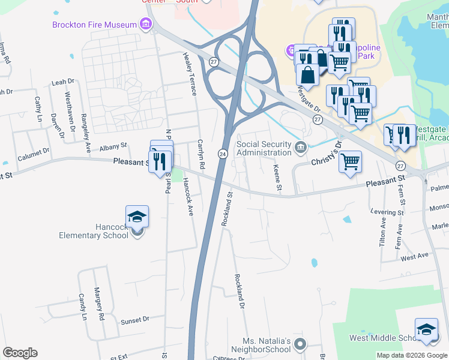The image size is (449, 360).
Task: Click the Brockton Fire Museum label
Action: pos(94,25)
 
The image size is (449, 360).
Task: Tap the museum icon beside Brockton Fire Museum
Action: pos(145,25)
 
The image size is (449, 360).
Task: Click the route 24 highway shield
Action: pos(222,154)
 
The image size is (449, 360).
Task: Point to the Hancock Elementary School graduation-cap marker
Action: pos(137,217)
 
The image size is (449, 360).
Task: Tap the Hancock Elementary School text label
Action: pos(95,231)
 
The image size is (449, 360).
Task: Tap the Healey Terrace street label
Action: pos(190,74)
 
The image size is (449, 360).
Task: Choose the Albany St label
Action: pos(113,146)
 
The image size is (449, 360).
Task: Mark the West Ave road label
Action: pos(415,257)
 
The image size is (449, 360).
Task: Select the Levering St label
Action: pos(387,212)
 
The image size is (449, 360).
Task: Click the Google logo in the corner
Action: pos(20,353)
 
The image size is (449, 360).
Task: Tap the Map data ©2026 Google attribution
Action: pos(412,355)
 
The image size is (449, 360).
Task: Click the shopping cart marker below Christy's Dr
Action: pos(350,161)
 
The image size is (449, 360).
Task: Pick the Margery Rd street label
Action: pos(99,304)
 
